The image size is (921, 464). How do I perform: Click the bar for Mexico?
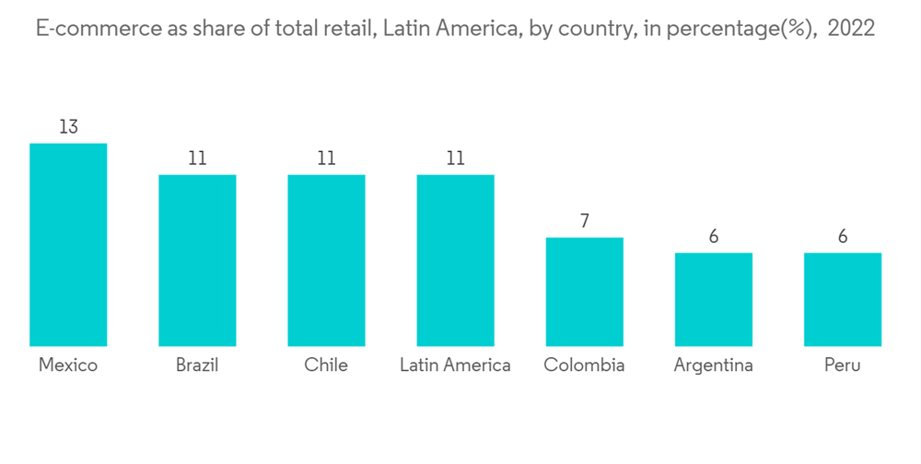coord(68,244)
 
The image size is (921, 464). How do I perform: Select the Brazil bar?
coord(197,260)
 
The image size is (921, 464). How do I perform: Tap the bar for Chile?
coord(326,260)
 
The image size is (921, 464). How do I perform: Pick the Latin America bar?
coord(455,260)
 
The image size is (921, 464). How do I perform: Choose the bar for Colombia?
coord(584,291)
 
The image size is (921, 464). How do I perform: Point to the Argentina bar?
coord(713,299)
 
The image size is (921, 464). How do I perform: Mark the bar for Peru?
coord(842,299)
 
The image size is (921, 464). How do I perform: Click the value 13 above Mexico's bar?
coord(68,127)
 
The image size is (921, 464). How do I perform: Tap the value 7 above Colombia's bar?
coord(584,221)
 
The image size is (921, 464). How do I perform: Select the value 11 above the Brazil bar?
coord(197,158)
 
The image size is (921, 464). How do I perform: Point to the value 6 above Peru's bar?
coord(842,237)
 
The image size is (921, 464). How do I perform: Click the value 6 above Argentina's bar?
coord(713,237)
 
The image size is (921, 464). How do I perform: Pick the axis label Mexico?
coord(68,365)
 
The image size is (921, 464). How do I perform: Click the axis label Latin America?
coord(455,365)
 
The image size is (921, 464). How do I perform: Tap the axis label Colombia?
coord(584,365)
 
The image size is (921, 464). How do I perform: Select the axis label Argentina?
coord(713,365)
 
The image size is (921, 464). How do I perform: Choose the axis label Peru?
coord(842,365)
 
